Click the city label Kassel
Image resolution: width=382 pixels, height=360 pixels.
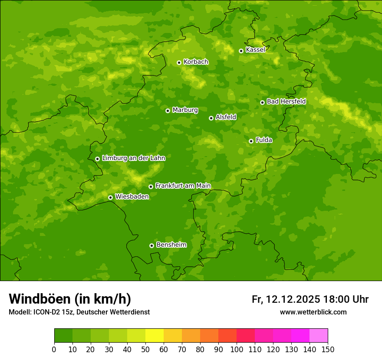click(x=255, y=50)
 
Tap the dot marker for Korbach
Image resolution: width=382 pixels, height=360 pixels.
click(x=179, y=62)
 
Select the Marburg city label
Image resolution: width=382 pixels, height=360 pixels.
click(x=185, y=110)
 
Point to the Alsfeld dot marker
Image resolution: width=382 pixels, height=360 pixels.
click(x=211, y=118)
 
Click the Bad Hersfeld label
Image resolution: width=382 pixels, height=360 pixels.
click(x=286, y=101)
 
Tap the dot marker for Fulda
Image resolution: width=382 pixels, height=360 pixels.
click(x=251, y=141)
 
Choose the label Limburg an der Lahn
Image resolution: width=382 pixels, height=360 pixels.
click(x=133, y=158)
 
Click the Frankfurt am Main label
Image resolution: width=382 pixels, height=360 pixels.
click(x=183, y=186)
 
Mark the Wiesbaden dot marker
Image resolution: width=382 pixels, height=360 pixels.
click(x=110, y=197)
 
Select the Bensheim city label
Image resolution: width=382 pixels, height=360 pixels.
click(x=171, y=245)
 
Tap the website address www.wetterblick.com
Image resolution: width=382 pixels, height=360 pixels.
click(x=313, y=312)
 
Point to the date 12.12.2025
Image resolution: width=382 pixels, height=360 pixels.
click(x=293, y=299)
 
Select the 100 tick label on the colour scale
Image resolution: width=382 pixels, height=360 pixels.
click(x=237, y=350)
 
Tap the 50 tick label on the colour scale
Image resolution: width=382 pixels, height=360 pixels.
click(x=145, y=350)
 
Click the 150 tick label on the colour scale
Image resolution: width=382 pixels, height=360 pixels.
click(x=328, y=350)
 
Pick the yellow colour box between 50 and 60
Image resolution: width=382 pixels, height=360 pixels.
click(x=155, y=336)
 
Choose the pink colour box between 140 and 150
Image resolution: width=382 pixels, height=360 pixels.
click(x=319, y=336)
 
